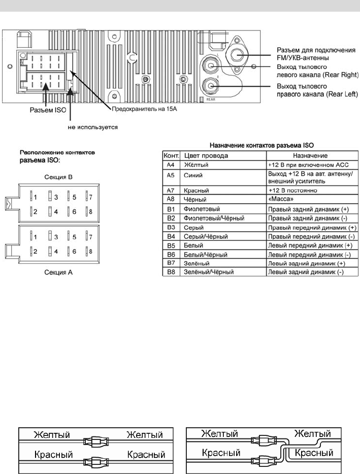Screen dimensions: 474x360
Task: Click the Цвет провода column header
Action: click(x=206, y=156)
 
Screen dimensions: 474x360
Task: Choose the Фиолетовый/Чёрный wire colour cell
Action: click(x=214, y=217)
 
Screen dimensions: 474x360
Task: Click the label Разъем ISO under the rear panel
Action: click(x=44, y=109)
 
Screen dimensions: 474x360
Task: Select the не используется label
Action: click(x=93, y=128)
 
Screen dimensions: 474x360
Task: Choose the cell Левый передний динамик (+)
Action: click(x=310, y=245)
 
